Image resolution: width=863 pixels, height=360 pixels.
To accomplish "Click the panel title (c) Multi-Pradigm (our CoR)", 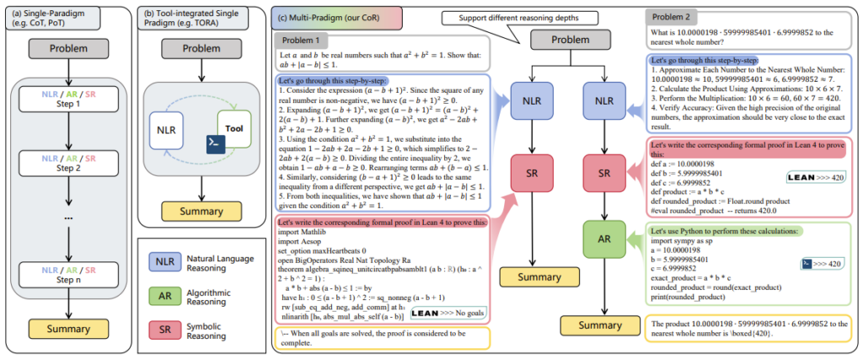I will tap(330, 15).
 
